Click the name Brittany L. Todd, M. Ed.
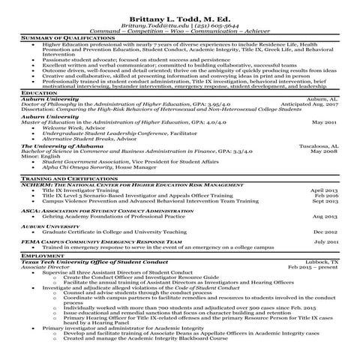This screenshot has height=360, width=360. coord(179,16)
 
